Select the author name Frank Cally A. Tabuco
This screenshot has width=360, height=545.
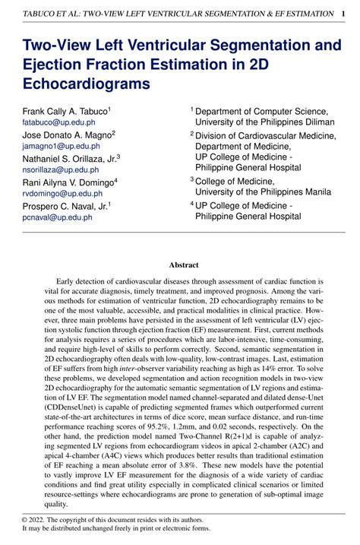tap(65, 111)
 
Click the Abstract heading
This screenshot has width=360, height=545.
tap(183, 265)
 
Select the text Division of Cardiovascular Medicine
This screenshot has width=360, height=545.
tap(266, 135)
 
